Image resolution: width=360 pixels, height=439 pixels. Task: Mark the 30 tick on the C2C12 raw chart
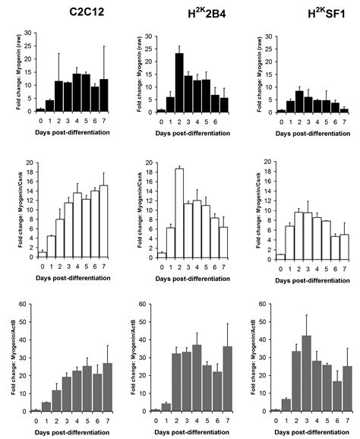tap(29, 33)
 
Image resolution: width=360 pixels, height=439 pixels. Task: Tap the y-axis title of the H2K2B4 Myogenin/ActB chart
tap(132, 357)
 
